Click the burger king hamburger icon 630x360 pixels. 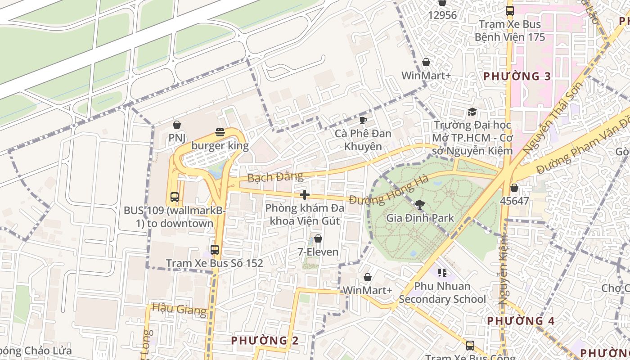220,132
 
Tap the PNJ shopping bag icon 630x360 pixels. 177,125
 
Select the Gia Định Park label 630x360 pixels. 420,218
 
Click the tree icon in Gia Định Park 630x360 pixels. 420,205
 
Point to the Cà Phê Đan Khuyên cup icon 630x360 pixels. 363,120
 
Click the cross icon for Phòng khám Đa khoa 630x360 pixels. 305,195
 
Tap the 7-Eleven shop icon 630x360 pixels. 318,238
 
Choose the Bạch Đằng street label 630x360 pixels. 269,177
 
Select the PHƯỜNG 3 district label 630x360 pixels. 517,76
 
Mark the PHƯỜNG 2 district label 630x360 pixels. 265,341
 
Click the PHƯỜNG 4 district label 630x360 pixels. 521,321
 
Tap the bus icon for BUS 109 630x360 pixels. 175,197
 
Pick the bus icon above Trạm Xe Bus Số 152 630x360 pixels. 215,249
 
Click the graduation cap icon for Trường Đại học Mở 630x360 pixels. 472,112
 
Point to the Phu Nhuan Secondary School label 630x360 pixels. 442,292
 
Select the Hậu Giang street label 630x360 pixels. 179,309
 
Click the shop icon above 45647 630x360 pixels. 514,187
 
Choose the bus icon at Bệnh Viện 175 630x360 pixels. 509,11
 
